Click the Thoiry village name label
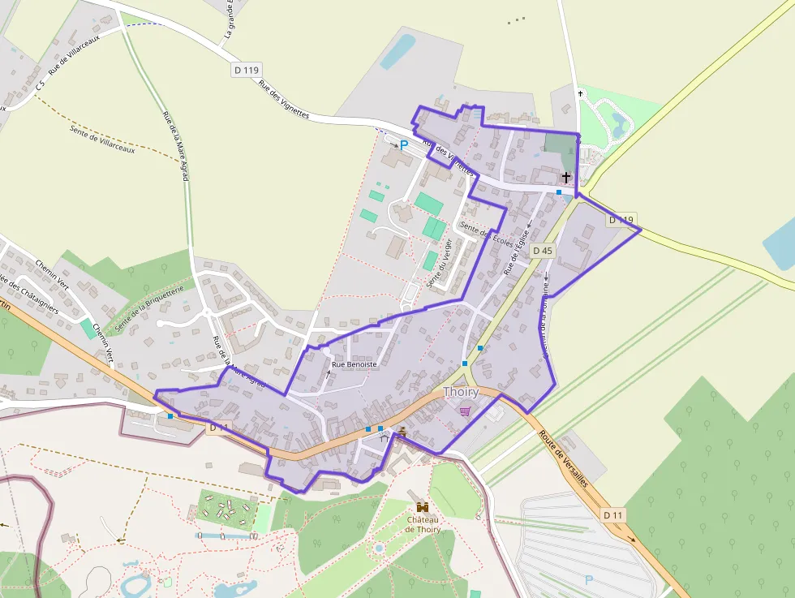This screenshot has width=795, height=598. click(x=461, y=392)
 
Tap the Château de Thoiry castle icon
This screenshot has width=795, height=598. click(x=421, y=505)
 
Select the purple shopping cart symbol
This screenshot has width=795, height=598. click(x=464, y=411)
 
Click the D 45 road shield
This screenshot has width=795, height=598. click(x=543, y=251)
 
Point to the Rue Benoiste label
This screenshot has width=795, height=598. click(x=355, y=365)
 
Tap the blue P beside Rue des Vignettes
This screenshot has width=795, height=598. click(x=403, y=145)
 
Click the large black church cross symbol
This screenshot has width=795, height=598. click(x=565, y=176)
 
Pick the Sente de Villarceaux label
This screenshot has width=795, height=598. click(x=102, y=139)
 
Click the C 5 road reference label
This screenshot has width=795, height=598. click(x=39, y=96)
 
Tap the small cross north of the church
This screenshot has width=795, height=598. click(x=580, y=93)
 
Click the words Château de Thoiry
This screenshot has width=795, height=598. click(x=422, y=524)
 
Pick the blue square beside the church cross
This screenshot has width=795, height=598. click(x=558, y=192)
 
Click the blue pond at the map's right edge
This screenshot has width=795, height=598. click(x=780, y=243)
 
